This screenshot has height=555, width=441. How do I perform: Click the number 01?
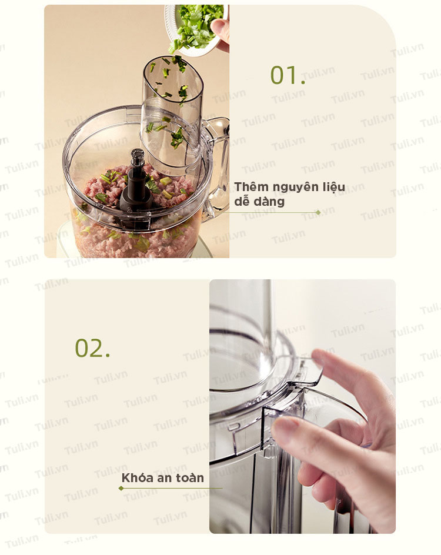tap(288, 75)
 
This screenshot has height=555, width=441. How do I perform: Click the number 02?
tap(92, 348)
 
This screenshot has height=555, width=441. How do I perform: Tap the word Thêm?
tap(250, 187)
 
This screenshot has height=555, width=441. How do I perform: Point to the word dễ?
tap(242, 202)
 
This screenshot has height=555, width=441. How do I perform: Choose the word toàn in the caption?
tap(190, 478)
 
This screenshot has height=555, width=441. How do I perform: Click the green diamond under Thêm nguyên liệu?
tap(318, 212)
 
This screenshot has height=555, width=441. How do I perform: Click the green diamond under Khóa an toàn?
tap(121, 489)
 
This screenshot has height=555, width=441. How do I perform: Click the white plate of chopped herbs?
tap(195, 28)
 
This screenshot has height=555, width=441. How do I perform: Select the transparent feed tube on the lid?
tap(172, 113)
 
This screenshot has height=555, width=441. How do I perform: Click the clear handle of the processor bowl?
tap(216, 166)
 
